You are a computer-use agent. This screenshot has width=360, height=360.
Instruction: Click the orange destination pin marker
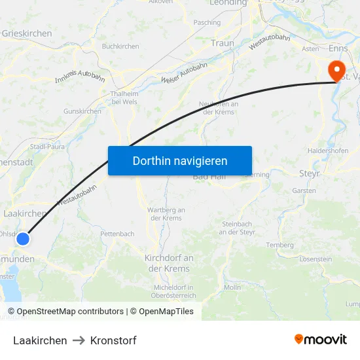coord(337,71)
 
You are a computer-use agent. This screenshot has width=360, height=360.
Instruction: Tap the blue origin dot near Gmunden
coord(23,239)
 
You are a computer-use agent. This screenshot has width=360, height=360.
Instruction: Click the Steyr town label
coord(308,173)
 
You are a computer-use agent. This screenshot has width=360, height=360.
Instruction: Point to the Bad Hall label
coord(209,177)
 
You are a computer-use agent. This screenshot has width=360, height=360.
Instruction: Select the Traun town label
coord(223,43)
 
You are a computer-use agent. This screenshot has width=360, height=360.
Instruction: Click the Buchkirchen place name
coord(120,46)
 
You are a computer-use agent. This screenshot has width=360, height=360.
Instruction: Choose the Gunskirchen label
coord(82,111)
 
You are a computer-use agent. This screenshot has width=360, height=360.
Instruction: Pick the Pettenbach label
coord(117,234)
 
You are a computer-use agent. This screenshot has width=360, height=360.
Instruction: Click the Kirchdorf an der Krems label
coord(169,263)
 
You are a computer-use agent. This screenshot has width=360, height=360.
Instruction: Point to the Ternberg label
coord(279,245)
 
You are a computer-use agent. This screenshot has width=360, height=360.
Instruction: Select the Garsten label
coord(304,191)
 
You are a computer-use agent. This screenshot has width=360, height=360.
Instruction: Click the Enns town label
coord(338,48)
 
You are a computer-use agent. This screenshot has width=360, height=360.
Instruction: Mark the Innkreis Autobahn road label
coord(81,76)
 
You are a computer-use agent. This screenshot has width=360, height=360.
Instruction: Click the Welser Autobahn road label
coord(184,72)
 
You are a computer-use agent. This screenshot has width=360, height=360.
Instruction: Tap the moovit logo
coord(321,340)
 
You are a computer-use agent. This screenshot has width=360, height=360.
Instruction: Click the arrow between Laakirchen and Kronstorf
coord(79,340)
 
